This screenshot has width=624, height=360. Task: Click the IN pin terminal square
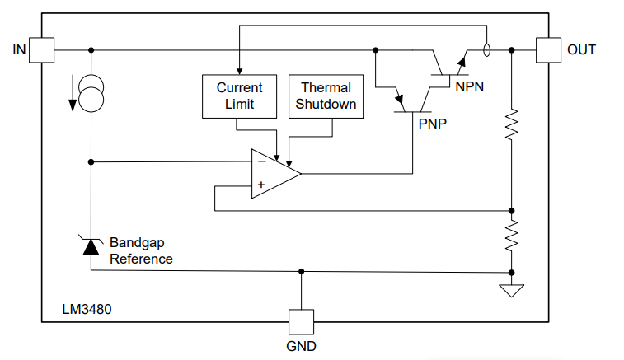[x=42, y=49]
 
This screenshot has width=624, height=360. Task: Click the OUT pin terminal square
[x=547, y=49]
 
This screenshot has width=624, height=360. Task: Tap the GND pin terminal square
[x=301, y=320]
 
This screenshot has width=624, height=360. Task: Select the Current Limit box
[x=239, y=96]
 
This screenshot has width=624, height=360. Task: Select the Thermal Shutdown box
[x=326, y=96]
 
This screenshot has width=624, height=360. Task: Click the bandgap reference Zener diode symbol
[x=91, y=245]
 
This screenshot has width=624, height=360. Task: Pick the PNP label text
[x=433, y=124]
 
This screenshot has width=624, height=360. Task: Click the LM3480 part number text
[x=87, y=311]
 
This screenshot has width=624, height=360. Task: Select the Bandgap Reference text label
[x=141, y=251]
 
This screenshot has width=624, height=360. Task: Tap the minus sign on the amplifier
[x=261, y=162]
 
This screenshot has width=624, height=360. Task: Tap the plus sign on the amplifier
[x=261, y=185]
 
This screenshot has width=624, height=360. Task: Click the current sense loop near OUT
[x=487, y=49]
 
